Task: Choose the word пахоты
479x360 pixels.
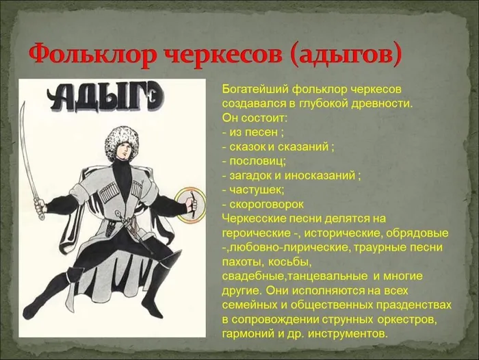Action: click(239, 261)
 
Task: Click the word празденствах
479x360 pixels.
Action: click(408, 305)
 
